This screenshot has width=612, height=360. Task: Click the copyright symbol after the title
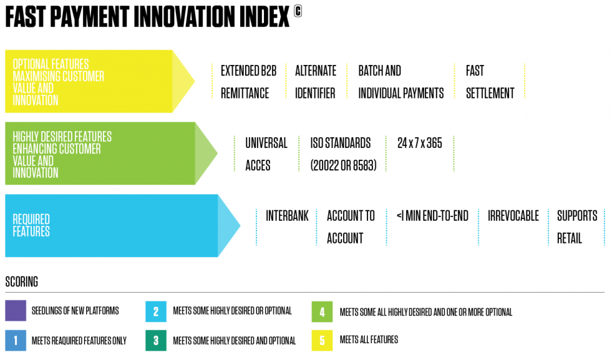[298, 11]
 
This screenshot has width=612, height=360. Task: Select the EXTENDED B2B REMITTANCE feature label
[248, 82]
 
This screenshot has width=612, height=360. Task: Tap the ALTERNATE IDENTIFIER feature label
[316, 82]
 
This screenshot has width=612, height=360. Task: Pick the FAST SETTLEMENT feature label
[490, 82]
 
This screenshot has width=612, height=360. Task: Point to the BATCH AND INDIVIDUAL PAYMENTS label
[401, 82]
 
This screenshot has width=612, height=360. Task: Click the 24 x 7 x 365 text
[419, 143]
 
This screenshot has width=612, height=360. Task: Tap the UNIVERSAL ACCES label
[266, 154]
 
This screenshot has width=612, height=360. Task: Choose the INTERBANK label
[287, 216]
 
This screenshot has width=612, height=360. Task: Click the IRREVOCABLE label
[513, 216]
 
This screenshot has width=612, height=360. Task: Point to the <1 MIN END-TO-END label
[432, 216]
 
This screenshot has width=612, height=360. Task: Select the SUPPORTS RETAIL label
[577, 226]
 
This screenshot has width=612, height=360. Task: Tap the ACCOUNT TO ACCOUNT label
[351, 226]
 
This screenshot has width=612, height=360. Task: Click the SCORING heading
[21, 281]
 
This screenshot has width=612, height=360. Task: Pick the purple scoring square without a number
[15, 310]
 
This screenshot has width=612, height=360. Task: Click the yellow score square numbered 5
[322, 340]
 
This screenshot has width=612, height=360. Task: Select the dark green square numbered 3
[155, 340]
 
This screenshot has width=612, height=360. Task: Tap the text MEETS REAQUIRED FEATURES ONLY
[79, 341]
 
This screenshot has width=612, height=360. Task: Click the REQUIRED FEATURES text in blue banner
[31, 225]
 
